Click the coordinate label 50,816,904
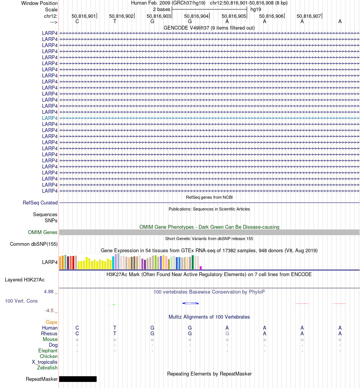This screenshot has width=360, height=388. [x=196, y=16]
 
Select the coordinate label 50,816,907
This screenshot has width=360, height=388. [x=309, y=16]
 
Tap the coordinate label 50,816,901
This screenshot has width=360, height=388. [x=84, y=16]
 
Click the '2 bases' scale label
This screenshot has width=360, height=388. [x=161, y=9]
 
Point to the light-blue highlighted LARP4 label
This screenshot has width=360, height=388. [x=50, y=118]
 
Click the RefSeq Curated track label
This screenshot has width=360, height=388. [x=40, y=203]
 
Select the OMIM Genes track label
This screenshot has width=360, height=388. [x=43, y=232]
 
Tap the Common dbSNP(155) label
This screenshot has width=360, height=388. [x=34, y=244]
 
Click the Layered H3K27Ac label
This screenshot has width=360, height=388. [x=25, y=280]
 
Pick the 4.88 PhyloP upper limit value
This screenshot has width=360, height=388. [x=49, y=292]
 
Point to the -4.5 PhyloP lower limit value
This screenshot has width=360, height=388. [x=50, y=311]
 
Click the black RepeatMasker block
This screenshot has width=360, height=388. [x=78, y=379]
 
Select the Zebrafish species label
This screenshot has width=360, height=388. [x=47, y=368]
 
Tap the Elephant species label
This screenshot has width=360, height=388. [x=48, y=351]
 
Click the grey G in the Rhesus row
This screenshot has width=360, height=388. [x=227, y=334]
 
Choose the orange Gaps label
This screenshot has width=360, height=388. [x=52, y=322]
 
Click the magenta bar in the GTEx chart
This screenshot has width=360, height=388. [x=201, y=268]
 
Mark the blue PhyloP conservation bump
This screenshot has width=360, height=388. [x=191, y=303]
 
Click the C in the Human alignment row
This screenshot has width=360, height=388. [x=77, y=328]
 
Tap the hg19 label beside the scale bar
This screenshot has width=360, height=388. [x=255, y=9]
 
